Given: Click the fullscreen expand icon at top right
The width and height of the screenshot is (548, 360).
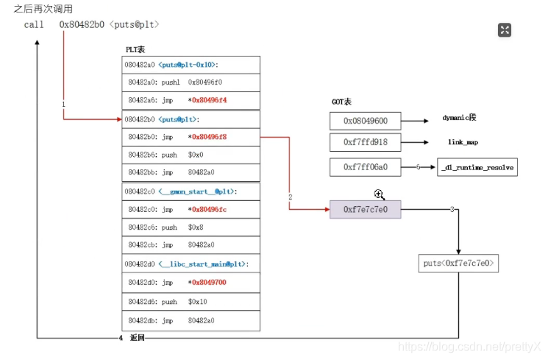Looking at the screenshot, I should (x=505, y=30).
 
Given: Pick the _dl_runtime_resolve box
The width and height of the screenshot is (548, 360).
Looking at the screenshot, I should (x=477, y=168).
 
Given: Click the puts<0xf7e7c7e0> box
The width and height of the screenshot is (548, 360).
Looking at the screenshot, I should (x=458, y=263).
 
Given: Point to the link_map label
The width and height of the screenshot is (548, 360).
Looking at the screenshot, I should (x=463, y=143).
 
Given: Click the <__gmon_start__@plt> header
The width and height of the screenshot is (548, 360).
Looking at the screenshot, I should (x=197, y=191).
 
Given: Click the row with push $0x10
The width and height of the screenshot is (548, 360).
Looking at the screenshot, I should (x=191, y=301).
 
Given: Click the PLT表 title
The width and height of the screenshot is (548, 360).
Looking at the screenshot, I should (x=135, y=49).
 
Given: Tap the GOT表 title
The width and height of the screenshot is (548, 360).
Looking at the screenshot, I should (x=342, y=102).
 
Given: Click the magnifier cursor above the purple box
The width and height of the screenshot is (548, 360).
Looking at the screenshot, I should (x=380, y=194).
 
